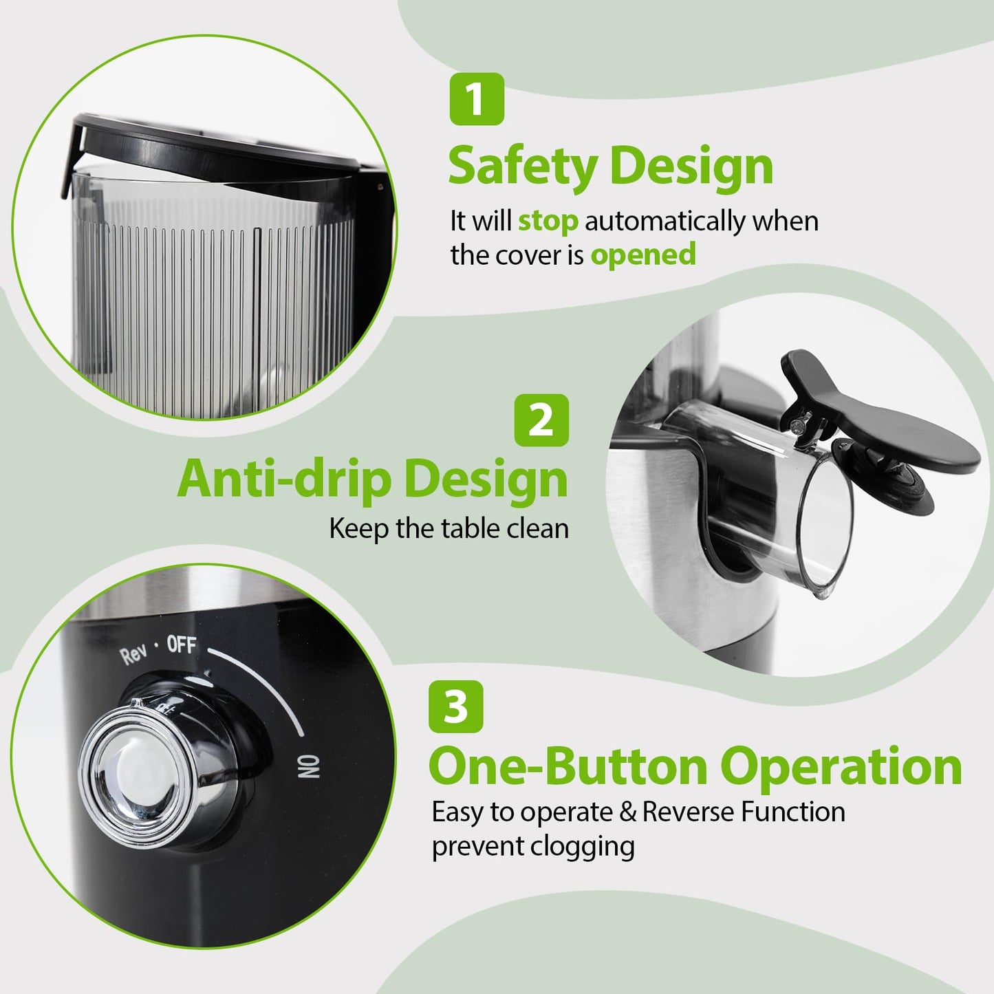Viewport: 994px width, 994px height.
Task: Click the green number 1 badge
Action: pos(477,99)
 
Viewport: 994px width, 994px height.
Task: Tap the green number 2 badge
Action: pos(541,420)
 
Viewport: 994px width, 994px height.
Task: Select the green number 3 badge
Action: pos(455,706)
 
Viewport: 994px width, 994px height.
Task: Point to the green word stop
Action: pos(548,222)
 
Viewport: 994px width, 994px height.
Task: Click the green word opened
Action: pos(643,255)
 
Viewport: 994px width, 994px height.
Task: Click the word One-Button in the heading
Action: pos(568,766)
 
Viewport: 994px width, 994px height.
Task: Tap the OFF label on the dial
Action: pos(182,645)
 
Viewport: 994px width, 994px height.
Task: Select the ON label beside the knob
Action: pos(310,766)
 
